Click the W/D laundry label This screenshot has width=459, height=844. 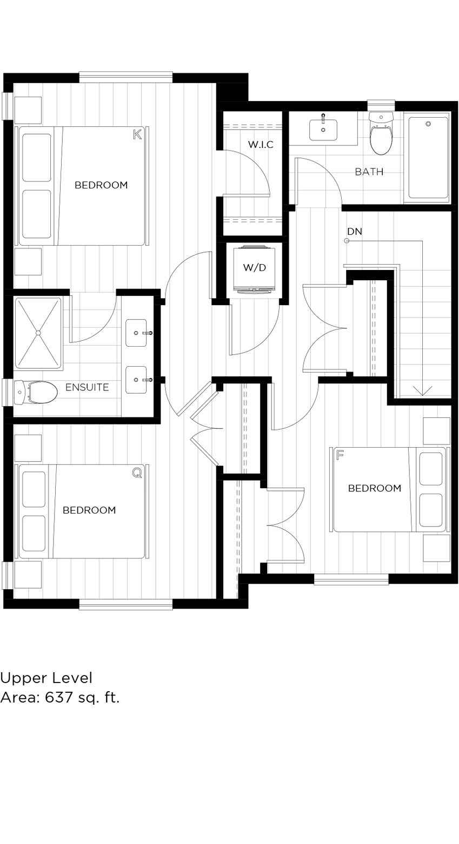point(254,268)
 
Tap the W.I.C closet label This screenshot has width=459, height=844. point(261,145)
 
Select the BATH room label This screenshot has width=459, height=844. point(369,172)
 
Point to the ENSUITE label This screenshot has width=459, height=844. point(87,387)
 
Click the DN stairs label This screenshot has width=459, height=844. point(355,232)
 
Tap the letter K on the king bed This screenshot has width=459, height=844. point(137,134)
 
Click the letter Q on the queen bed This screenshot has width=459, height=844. point(137,473)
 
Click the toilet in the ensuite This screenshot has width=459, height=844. point(37,393)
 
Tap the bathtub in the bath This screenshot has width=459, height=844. point(428,158)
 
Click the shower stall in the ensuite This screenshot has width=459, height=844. point(38,333)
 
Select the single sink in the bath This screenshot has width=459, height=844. point(323,130)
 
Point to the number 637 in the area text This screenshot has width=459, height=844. point(59,697)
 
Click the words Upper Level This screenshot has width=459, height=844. point(46,678)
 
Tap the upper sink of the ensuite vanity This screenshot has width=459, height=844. point(136,333)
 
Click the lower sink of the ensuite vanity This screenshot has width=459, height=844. point(136,380)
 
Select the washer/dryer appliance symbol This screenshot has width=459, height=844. point(254,269)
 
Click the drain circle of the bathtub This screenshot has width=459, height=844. point(428,124)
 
